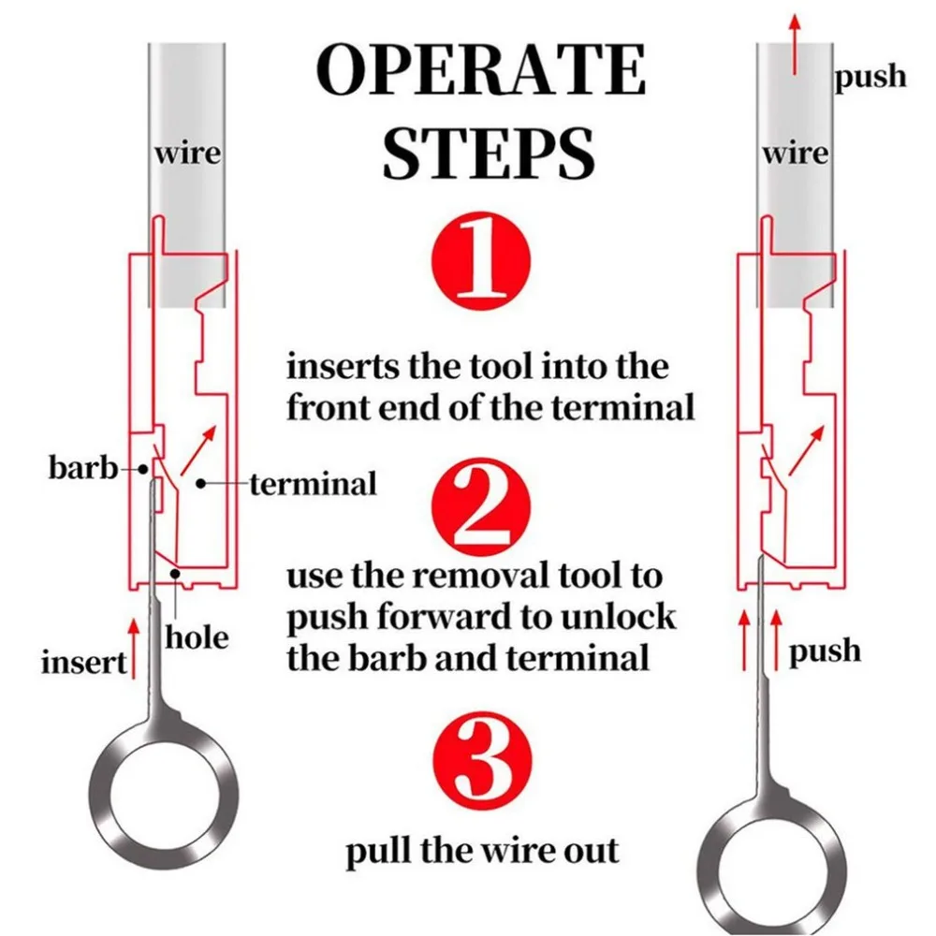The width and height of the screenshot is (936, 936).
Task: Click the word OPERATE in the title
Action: point(480,70)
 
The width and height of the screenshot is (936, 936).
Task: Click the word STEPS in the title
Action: point(489,153)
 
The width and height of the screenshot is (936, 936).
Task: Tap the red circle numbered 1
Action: point(480,261)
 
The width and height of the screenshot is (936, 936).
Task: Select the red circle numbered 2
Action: point(480,507)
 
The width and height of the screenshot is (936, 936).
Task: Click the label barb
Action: point(83,467)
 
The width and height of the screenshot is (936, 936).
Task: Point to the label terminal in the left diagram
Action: point(314,484)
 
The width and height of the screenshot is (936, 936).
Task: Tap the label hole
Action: point(197,637)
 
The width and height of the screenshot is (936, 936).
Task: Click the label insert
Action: point(84,663)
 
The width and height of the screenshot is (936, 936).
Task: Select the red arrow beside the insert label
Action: point(134,649)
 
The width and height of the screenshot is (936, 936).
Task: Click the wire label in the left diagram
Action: point(188,154)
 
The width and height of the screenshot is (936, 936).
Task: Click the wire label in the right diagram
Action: point(796,154)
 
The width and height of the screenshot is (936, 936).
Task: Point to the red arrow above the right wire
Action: point(795,45)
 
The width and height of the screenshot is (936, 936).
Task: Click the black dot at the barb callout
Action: point(142,469)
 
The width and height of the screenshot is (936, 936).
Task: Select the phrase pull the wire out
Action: point(482,850)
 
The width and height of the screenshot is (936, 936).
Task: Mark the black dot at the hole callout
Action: point(175,573)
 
